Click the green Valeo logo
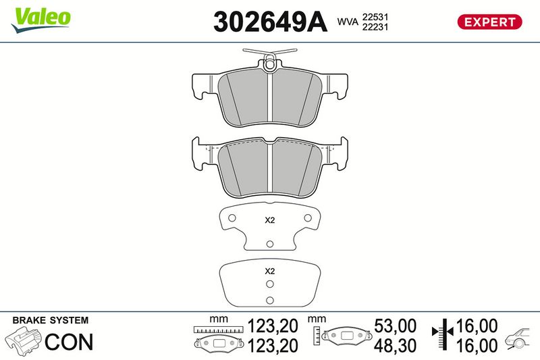click(x=40, y=20)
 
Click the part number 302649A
click(x=270, y=22)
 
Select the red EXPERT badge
click(x=489, y=22)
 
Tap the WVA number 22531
click(x=375, y=17)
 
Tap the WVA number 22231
click(x=375, y=27)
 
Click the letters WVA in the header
click(x=348, y=22)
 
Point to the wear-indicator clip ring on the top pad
click(x=269, y=64)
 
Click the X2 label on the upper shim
click(x=269, y=220)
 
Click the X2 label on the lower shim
click(x=269, y=271)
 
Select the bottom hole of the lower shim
click(x=270, y=300)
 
